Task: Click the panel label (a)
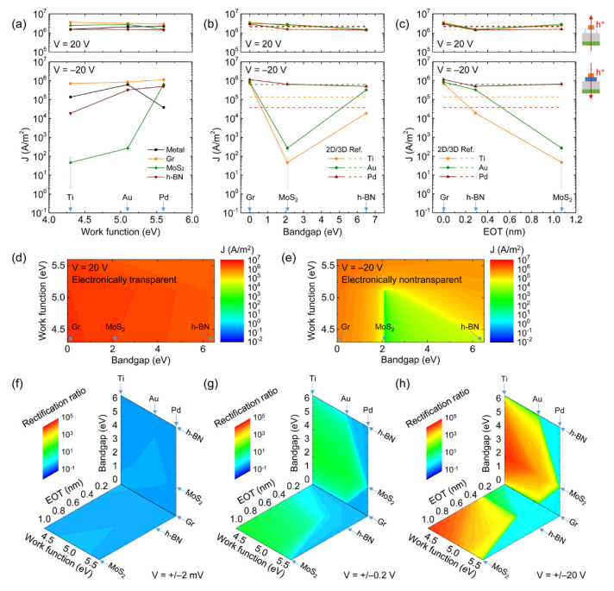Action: [x=12, y=13]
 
